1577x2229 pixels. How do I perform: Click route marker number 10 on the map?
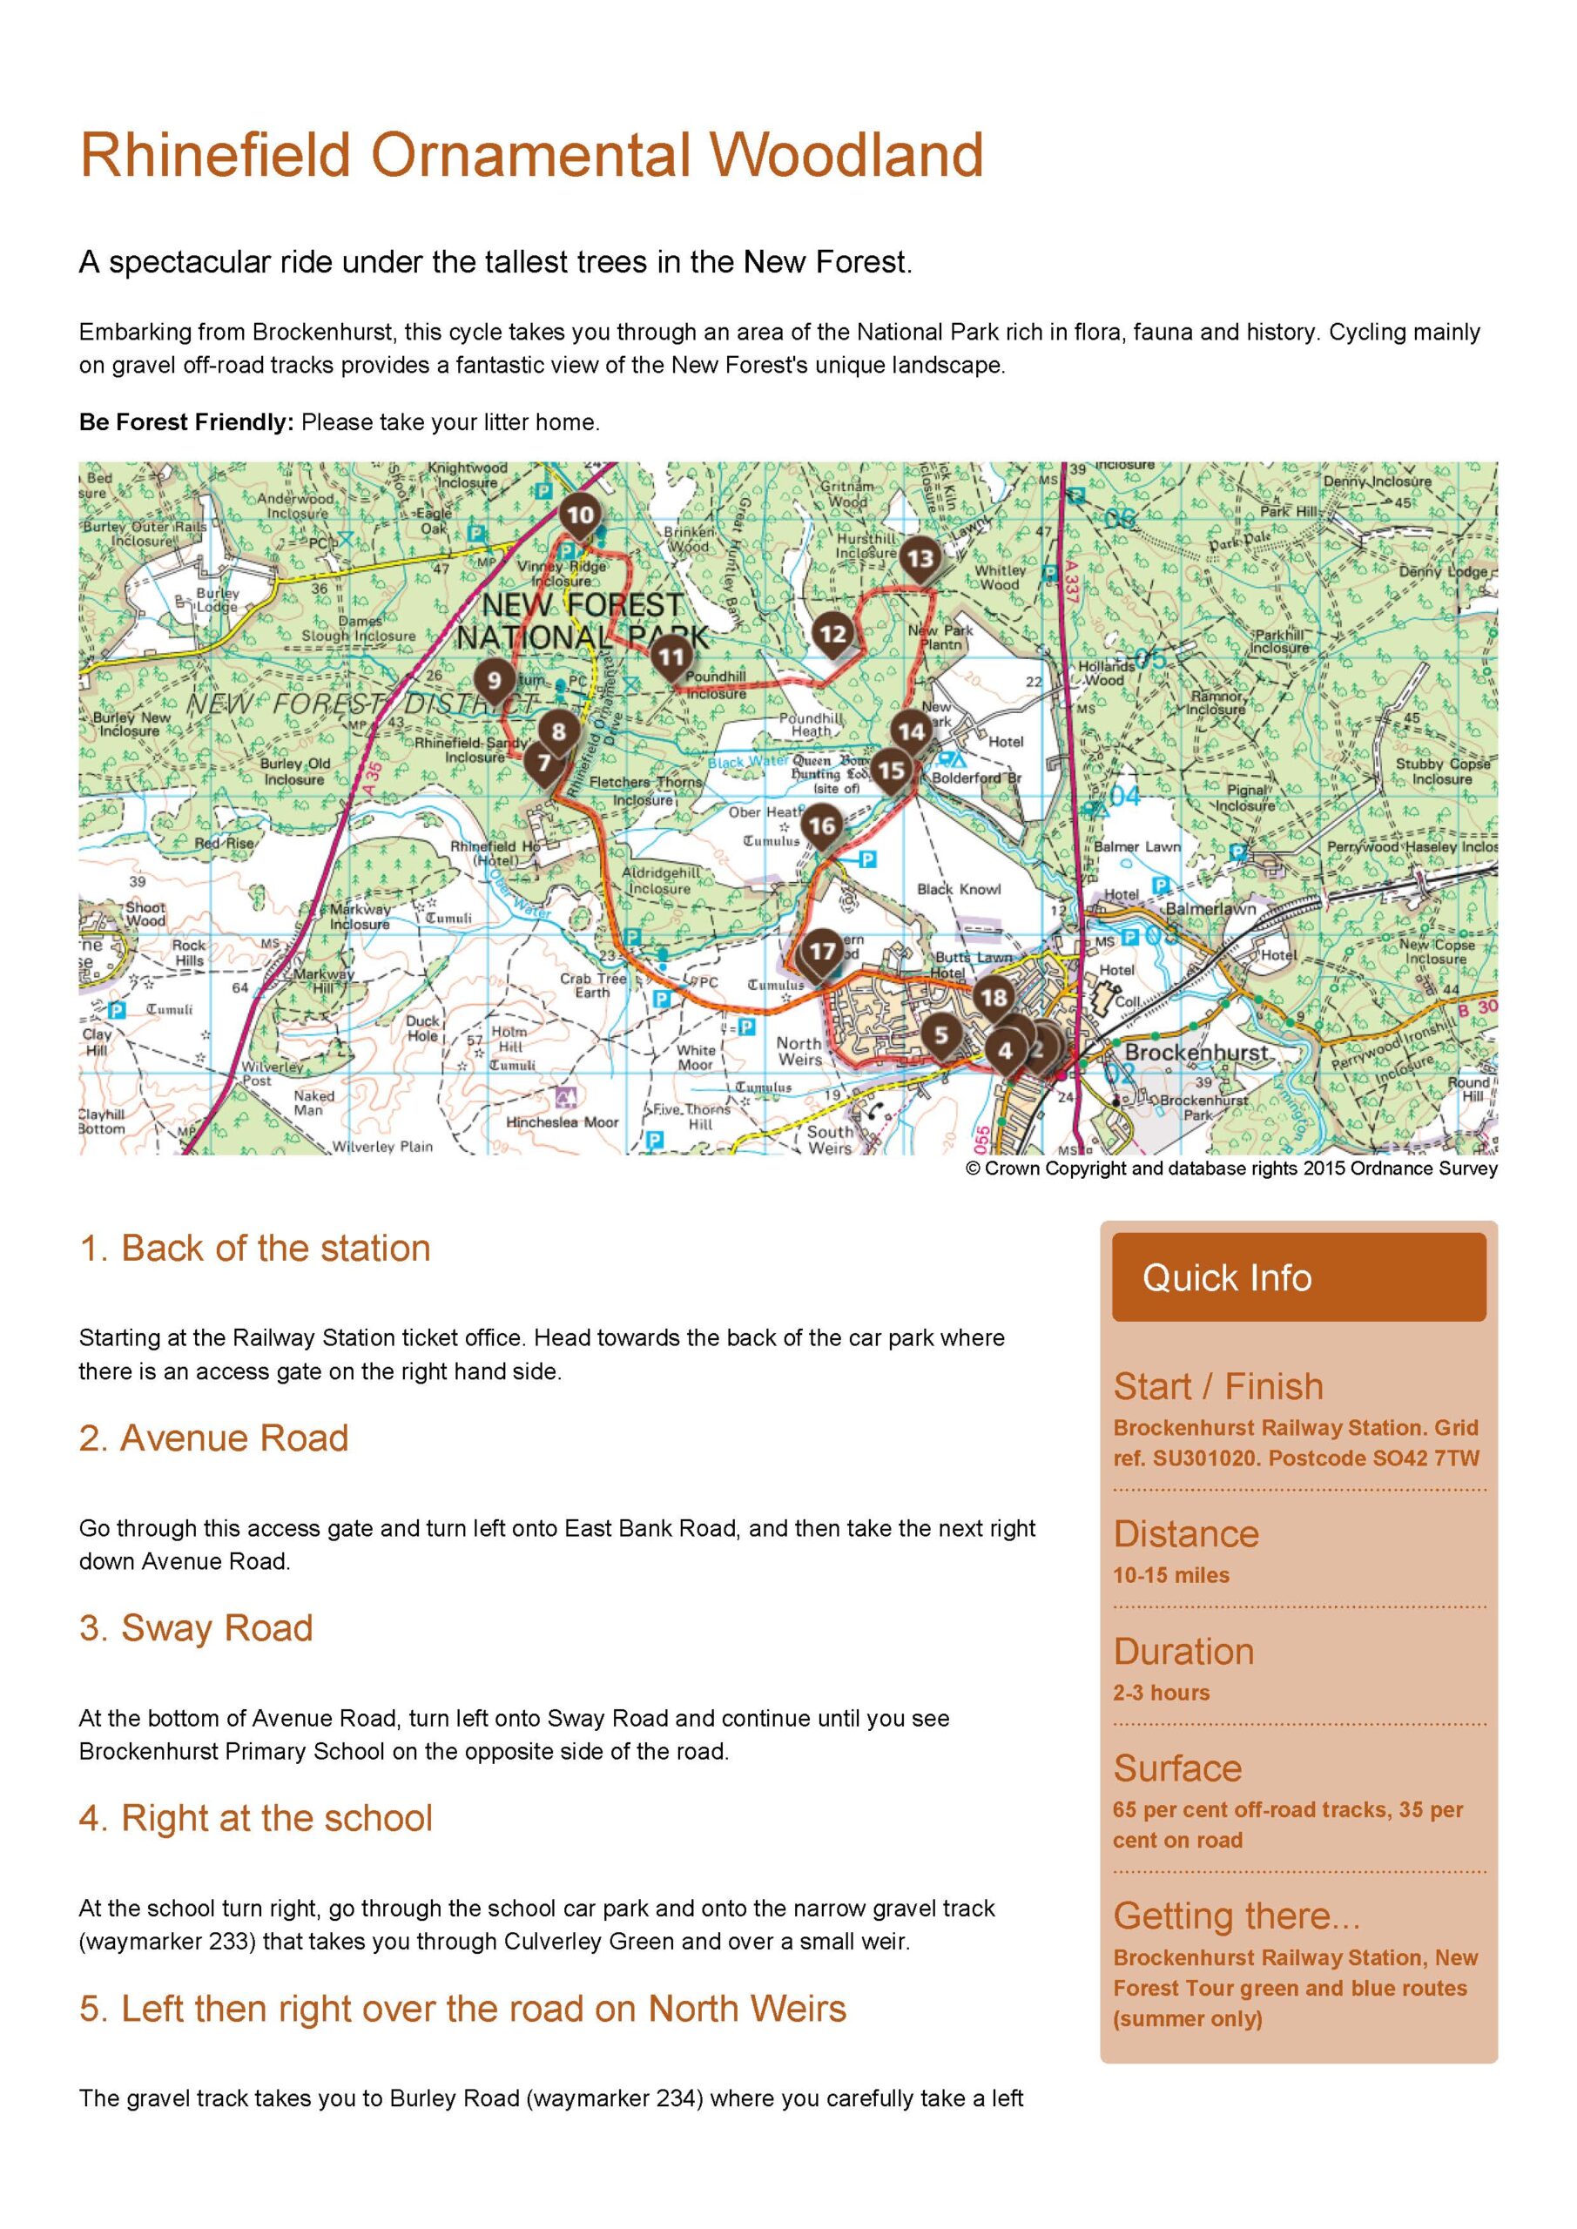click(x=580, y=515)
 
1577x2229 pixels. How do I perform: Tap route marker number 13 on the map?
click(x=920, y=558)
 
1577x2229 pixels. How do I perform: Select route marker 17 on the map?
click(x=823, y=951)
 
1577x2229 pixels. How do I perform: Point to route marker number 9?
click(x=495, y=679)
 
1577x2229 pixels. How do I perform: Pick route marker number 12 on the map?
click(x=833, y=634)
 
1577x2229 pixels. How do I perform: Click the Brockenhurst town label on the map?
click(x=1196, y=1053)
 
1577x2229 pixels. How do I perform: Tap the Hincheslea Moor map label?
click(x=563, y=1121)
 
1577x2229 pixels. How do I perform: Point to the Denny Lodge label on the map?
click(x=1442, y=572)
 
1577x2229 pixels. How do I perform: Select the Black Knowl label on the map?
click(x=959, y=889)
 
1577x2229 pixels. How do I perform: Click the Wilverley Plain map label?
click(x=382, y=1147)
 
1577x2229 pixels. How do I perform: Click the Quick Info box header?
click(x=1298, y=1277)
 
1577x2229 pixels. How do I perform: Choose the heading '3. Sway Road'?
click(x=196, y=1628)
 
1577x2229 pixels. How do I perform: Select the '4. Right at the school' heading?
click(x=255, y=1818)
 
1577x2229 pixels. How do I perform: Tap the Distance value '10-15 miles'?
click(x=1171, y=1575)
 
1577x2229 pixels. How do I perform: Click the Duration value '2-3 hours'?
click(x=1162, y=1692)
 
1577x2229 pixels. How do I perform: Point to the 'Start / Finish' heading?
click(x=1217, y=1386)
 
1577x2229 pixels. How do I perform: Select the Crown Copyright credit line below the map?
click(x=1230, y=1168)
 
